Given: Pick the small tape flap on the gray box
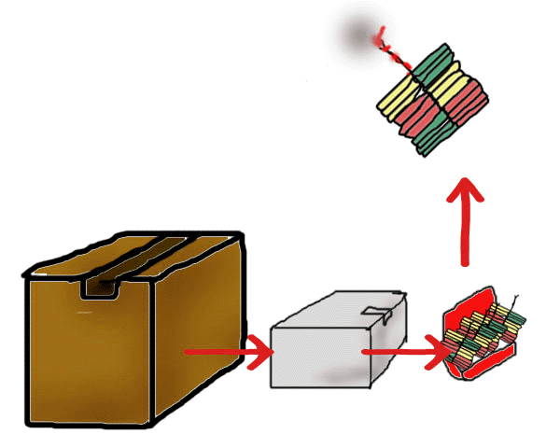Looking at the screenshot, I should click(x=377, y=313).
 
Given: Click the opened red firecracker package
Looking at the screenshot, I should click(x=481, y=336).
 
